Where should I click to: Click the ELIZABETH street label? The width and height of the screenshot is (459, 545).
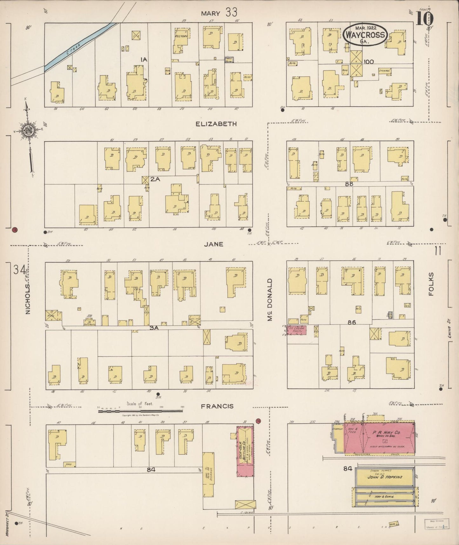(216, 124)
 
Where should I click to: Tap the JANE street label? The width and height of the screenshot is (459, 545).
(213, 244)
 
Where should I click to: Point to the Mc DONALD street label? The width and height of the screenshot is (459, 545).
(270, 300)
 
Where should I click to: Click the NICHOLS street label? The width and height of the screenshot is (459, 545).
(28, 299)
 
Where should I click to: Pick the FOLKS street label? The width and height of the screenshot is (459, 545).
(431, 284)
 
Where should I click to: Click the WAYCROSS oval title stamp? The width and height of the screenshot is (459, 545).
(365, 35)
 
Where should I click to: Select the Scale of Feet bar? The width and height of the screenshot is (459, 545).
(140, 411)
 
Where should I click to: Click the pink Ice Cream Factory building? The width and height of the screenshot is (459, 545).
(296, 330)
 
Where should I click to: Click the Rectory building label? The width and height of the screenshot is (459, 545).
(181, 37)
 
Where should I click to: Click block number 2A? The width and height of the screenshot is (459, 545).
(155, 179)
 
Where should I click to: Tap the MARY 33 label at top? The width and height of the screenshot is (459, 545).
(219, 13)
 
